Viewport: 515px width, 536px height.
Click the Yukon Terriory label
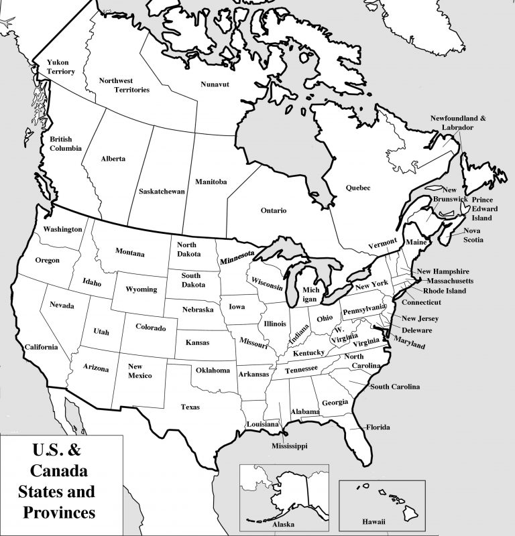click(60, 66)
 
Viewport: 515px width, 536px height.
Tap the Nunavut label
click(215, 84)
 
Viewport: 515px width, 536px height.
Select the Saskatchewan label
click(162, 191)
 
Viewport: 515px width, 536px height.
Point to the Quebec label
click(358, 188)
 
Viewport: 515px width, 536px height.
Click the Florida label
click(378, 427)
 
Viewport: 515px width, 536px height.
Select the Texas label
click(190, 406)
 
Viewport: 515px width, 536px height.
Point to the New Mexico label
click(136, 371)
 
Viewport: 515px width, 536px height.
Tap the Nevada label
click(62, 306)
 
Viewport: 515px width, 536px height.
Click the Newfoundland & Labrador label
click(462, 123)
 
